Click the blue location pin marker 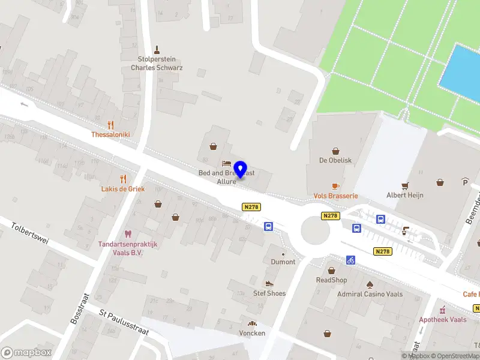point(241,169)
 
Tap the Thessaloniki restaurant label point(110,134)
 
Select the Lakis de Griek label point(122,188)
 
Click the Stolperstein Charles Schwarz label point(157,64)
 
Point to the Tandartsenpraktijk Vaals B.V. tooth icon point(127,234)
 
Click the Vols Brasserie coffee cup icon point(335,186)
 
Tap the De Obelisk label point(335,161)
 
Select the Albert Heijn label point(404,195)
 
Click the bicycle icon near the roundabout point(350,260)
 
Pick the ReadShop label point(332,280)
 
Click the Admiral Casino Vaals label point(370,294)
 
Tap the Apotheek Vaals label point(443,319)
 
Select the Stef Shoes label point(269,293)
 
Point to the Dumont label point(283,262)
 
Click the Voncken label point(252,333)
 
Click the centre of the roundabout point(315,231)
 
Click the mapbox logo point(26,352)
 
